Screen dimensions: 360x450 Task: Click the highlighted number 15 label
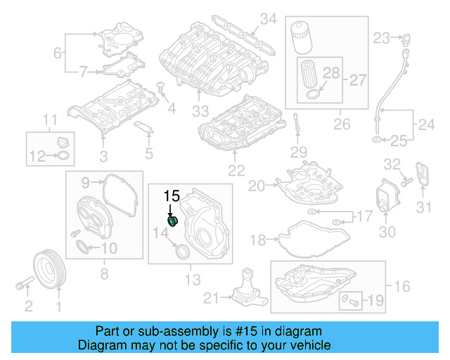click(172, 195)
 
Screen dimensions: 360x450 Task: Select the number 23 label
click(381, 37)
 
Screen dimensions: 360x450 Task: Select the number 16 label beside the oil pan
click(401, 286)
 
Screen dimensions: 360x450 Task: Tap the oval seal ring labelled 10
click(83, 247)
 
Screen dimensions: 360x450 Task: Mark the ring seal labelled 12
click(63, 155)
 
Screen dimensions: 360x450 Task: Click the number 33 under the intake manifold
click(201, 111)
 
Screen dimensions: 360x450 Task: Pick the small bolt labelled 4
click(160, 89)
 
